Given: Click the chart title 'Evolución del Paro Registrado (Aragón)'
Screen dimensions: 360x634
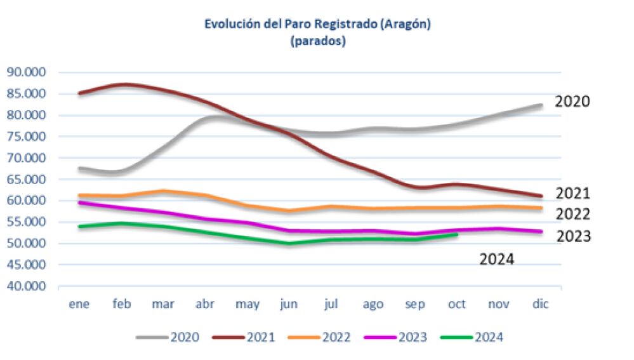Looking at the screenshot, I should tap(317, 24).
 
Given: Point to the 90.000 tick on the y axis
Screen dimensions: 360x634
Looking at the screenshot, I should tap(27, 72).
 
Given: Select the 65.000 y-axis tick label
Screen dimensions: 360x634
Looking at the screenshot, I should tap(27, 179).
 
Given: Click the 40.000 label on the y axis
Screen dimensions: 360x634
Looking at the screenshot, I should tap(27, 286).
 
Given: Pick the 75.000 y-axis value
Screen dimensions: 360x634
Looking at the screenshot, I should tap(27, 137).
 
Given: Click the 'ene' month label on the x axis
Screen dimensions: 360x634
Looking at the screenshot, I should tap(79, 304).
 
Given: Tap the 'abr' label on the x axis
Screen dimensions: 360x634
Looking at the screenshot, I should tap(205, 304).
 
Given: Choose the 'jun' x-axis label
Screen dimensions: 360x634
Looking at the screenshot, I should tap(289, 304).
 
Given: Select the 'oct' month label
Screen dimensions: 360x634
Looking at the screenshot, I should tap(457, 304).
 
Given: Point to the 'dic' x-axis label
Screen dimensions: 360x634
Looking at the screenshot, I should tap(540, 304).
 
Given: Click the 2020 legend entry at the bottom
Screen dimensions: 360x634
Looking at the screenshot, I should tap(168, 337).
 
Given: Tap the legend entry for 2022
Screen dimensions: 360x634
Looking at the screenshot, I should tap(320, 337).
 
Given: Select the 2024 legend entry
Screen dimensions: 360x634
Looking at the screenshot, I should tap(472, 337).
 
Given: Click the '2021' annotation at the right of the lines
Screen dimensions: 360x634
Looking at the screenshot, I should tap(573, 194).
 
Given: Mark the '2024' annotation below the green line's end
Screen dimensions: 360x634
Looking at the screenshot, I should tap(496, 258).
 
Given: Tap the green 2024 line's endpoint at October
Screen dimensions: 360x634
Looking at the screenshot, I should tap(457, 235).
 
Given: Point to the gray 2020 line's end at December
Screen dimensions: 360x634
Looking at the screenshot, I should tap(541, 105).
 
